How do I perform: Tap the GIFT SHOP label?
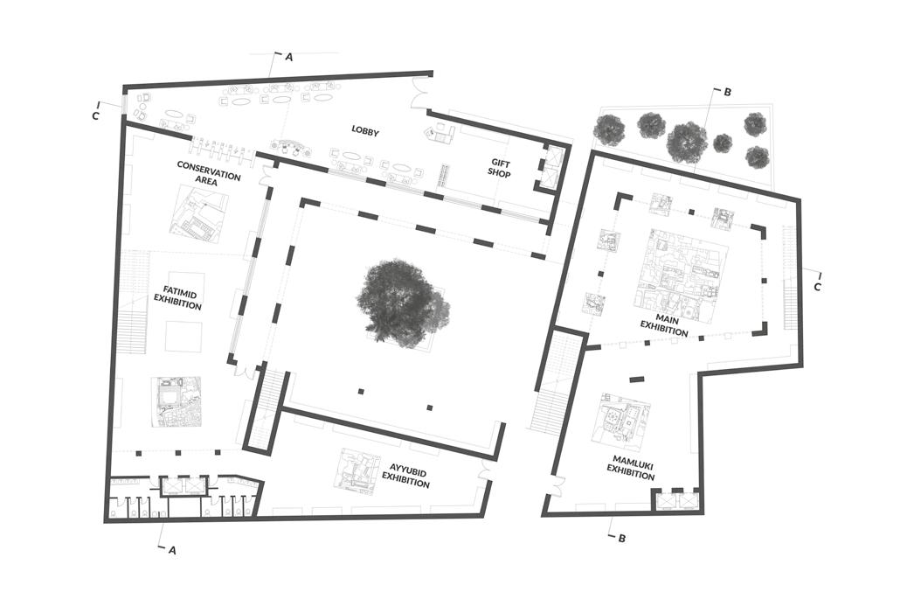point(500,168)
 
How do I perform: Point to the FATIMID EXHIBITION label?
point(177,297)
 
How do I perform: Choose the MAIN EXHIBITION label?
point(663,325)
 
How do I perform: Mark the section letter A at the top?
point(289,57)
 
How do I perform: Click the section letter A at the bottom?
point(172,550)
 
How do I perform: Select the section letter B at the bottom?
point(621,539)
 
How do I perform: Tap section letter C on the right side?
point(818,286)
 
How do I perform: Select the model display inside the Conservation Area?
point(198,213)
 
